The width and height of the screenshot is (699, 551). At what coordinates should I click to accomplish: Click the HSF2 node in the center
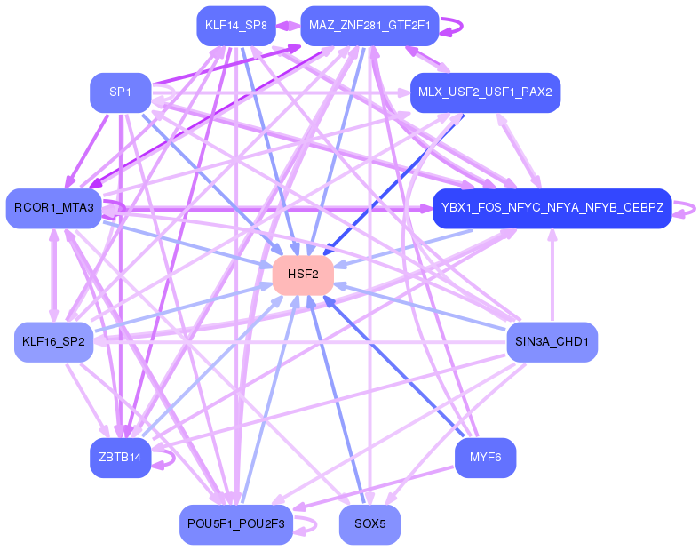point(303,275)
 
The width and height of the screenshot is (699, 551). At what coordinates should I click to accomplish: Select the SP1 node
point(120,92)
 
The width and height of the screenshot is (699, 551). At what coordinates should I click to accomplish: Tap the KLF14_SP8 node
point(236,26)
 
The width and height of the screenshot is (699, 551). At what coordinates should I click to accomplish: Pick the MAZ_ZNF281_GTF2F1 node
point(369,26)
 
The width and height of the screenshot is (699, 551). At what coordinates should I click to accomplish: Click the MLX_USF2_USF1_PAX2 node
point(485,92)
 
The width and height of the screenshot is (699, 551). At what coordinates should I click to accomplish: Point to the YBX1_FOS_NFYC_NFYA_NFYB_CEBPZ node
point(552,208)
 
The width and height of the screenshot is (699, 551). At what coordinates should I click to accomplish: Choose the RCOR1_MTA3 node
point(54,208)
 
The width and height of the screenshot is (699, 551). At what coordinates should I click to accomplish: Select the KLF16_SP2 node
point(54,342)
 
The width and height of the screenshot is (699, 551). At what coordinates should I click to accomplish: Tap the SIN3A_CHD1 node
point(552,342)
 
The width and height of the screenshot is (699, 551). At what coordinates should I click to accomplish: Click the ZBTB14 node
point(120,458)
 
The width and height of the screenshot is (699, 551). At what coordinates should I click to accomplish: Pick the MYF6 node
point(485,458)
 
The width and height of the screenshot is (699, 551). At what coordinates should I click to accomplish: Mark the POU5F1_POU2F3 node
point(236,524)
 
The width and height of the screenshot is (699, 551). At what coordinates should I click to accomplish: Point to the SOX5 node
point(369,524)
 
